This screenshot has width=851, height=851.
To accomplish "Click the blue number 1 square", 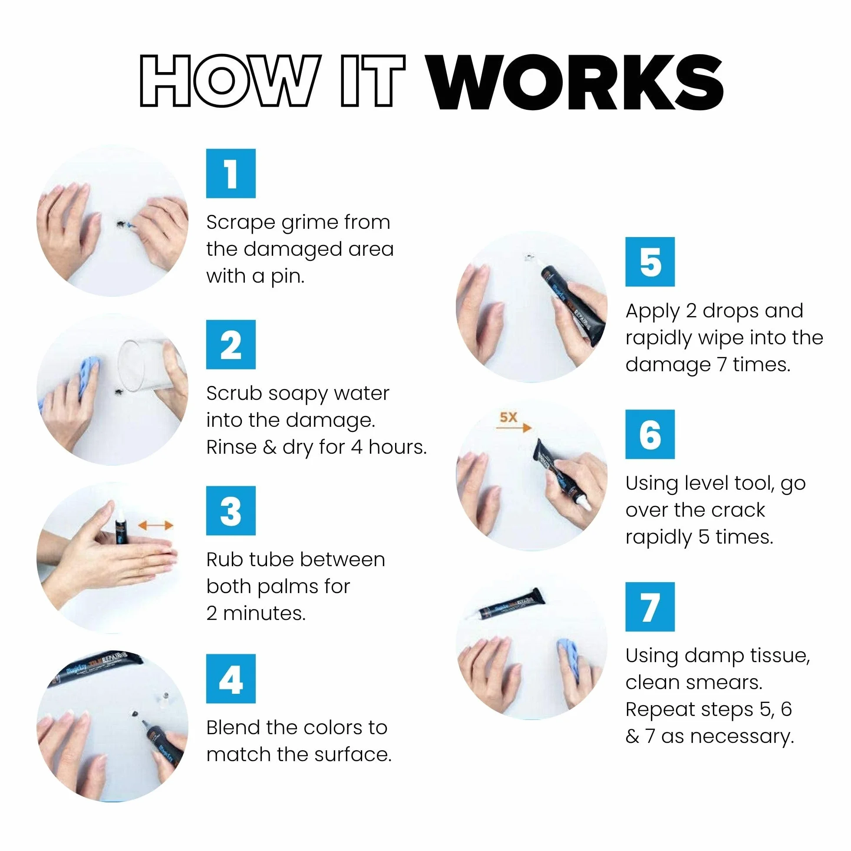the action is click(231, 174).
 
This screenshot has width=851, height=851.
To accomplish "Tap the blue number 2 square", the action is click(231, 344).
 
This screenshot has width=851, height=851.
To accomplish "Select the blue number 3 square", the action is click(231, 511).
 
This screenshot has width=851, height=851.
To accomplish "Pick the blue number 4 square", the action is click(231, 679).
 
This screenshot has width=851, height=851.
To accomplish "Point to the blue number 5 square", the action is click(650, 262).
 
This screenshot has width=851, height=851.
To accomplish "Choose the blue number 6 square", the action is click(650, 434).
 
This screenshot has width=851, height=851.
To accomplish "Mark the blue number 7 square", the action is click(650, 607).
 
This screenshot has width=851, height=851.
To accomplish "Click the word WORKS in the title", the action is click(576, 82).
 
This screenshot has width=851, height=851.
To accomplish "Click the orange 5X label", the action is click(508, 417).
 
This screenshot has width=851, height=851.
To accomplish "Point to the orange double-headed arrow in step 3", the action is click(155, 525).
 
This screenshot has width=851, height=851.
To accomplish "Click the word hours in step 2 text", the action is click(397, 447).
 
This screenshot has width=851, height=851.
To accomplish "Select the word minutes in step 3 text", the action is click(264, 614).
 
